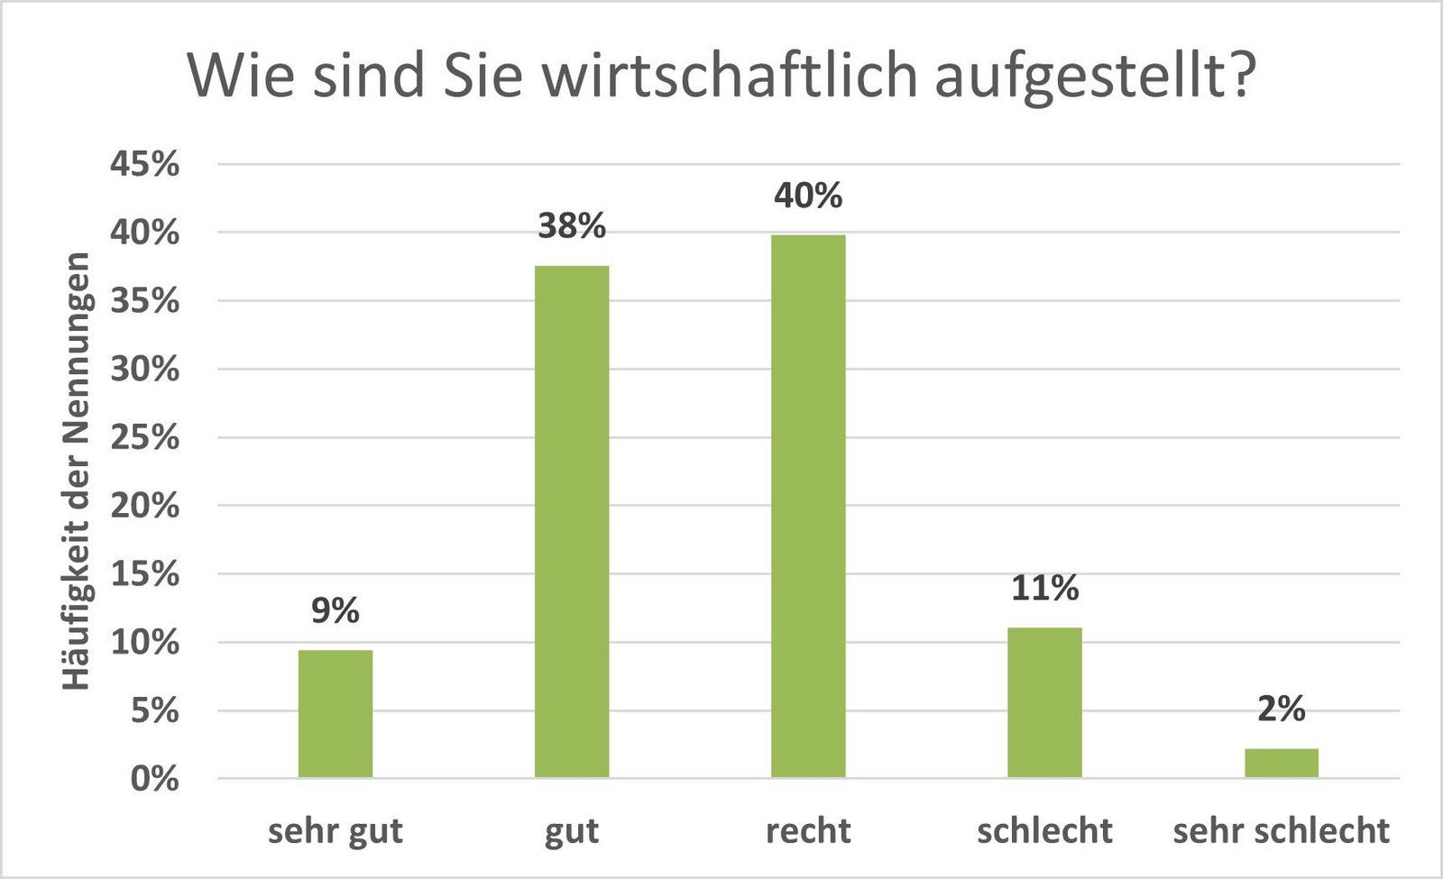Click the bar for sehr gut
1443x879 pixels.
click(x=335, y=713)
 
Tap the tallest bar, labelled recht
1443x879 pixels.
click(x=808, y=506)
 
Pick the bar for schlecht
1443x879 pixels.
click(x=1044, y=702)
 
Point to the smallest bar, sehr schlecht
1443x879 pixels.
click(x=1281, y=763)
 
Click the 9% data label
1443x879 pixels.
click(x=335, y=611)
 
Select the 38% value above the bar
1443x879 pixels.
click(x=572, y=226)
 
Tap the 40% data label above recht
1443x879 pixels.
click(x=808, y=196)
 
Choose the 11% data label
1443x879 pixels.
click(x=1044, y=589)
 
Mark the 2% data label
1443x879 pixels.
click(x=1281, y=710)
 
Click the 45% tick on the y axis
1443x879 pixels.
click(x=145, y=165)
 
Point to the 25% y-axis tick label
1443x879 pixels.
click(x=145, y=438)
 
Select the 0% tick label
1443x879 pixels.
click(x=154, y=779)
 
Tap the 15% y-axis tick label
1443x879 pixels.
click(x=145, y=574)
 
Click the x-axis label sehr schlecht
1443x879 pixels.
click(x=1281, y=831)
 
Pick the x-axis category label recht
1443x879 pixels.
click(x=808, y=831)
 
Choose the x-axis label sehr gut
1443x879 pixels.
click(x=335, y=831)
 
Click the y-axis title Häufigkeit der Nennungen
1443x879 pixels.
click(x=78, y=471)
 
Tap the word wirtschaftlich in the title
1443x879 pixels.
click(x=730, y=76)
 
